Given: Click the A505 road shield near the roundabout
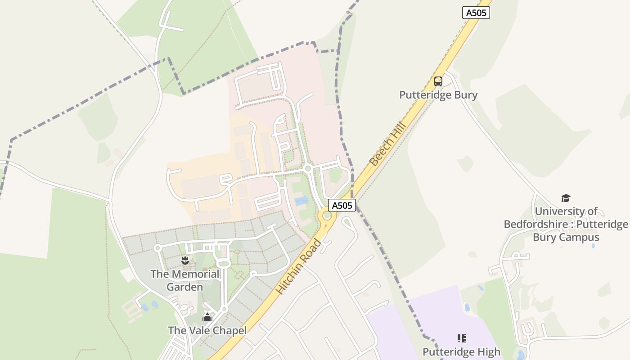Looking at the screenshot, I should pyautogui.click(x=342, y=205).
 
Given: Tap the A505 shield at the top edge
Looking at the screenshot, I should pyautogui.click(x=476, y=13).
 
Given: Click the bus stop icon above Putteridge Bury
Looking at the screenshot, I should pyautogui.click(x=438, y=81).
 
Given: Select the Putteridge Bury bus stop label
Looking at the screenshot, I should pyautogui.click(x=438, y=95).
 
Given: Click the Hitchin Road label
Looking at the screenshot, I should pyautogui.click(x=299, y=267).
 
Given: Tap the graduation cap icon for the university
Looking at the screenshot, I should pyautogui.click(x=566, y=198).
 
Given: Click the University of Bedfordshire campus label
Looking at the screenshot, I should pyautogui.click(x=566, y=224).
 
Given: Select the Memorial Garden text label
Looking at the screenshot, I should pyautogui.click(x=185, y=280).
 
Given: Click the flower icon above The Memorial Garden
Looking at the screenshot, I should pyautogui.click(x=184, y=260).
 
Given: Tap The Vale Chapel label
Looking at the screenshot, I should pyautogui.click(x=207, y=331).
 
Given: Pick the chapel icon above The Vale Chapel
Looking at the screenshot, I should pyautogui.click(x=207, y=318).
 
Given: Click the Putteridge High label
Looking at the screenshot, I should pyautogui.click(x=461, y=351).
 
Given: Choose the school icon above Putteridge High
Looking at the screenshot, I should pyautogui.click(x=461, y=338).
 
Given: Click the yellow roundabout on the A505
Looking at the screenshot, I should pyautogui.click(x=327, y=216).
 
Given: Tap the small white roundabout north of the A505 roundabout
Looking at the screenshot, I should pyautogui.click(x=308, y=169).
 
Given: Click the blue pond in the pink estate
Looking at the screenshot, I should pyautogui.click(x=301, y=201).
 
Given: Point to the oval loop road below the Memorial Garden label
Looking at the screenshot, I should pyautogui.click(x=224, y=263).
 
